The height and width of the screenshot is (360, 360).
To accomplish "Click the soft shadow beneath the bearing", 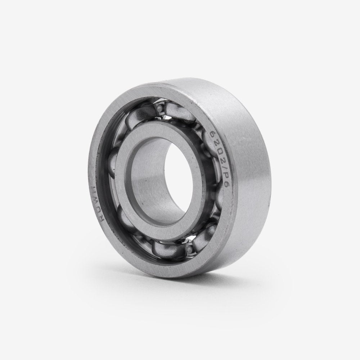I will [216, 284].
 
